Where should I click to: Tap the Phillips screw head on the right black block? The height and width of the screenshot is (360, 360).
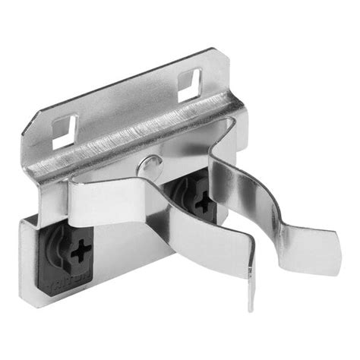click(x=203, y=203)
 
